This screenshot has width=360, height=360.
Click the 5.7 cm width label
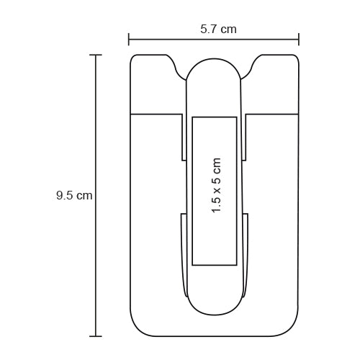(218, 30)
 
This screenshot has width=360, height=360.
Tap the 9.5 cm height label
(74, 195)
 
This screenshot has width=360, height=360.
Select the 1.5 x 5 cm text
(215, 186)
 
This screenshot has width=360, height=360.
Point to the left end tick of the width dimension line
(129, 40)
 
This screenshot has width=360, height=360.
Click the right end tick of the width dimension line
(299, 40)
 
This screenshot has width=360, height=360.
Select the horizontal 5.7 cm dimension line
(173, 40)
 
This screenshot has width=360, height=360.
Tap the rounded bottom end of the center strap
(214, 305)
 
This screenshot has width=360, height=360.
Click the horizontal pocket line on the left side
(155, 114)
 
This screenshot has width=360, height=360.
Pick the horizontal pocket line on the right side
(273, 114)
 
